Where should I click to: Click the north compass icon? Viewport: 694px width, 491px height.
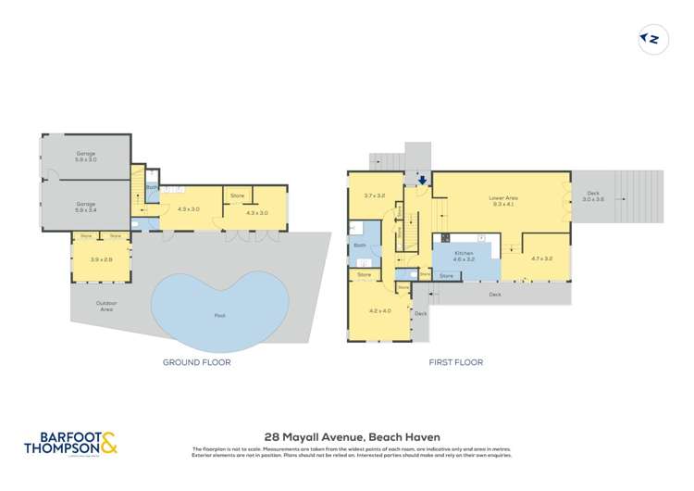(x=653, y=39)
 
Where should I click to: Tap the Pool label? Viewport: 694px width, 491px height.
(x=219, y=316)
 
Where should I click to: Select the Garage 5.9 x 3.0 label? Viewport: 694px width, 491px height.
(x=86, y=157)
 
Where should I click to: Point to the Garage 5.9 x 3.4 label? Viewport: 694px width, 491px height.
(x=86, y=207)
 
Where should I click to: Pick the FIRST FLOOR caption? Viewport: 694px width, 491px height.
(x=455, y=362)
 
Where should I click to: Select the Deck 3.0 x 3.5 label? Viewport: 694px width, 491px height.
(x=592, y=196)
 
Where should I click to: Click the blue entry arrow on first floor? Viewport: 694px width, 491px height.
(x=422, y=180)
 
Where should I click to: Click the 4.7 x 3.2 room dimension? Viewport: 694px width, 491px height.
(x=541, y=259)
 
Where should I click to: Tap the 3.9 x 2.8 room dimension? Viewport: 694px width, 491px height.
(x=101, y=258)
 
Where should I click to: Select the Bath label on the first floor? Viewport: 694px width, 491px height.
(x=360, y=245)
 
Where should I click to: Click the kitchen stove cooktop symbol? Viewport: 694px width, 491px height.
(x=444, y=237)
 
